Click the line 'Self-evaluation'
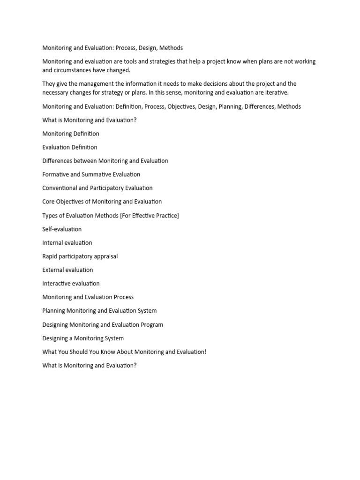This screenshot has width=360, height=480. point(62,229)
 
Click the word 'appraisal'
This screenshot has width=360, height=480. point(105,256)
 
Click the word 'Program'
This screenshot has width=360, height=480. point(151,325)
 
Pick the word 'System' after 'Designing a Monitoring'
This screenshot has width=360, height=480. point(114,338)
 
